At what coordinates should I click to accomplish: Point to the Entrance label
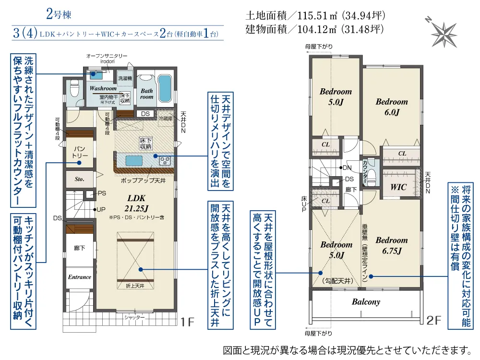click(x=79, y=277)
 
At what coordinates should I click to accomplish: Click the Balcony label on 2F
click(x=366, y=302)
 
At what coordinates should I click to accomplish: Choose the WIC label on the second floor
click(x=399, y=187)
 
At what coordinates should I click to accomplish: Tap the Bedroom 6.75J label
click(x=392, y=245)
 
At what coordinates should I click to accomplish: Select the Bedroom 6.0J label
click(x=392, y=107)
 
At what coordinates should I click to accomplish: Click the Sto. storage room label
click(x=80, y=179)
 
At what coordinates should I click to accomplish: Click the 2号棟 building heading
click(x=59, y=14)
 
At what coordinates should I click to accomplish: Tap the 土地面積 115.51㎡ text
click(x=315, y=15)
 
